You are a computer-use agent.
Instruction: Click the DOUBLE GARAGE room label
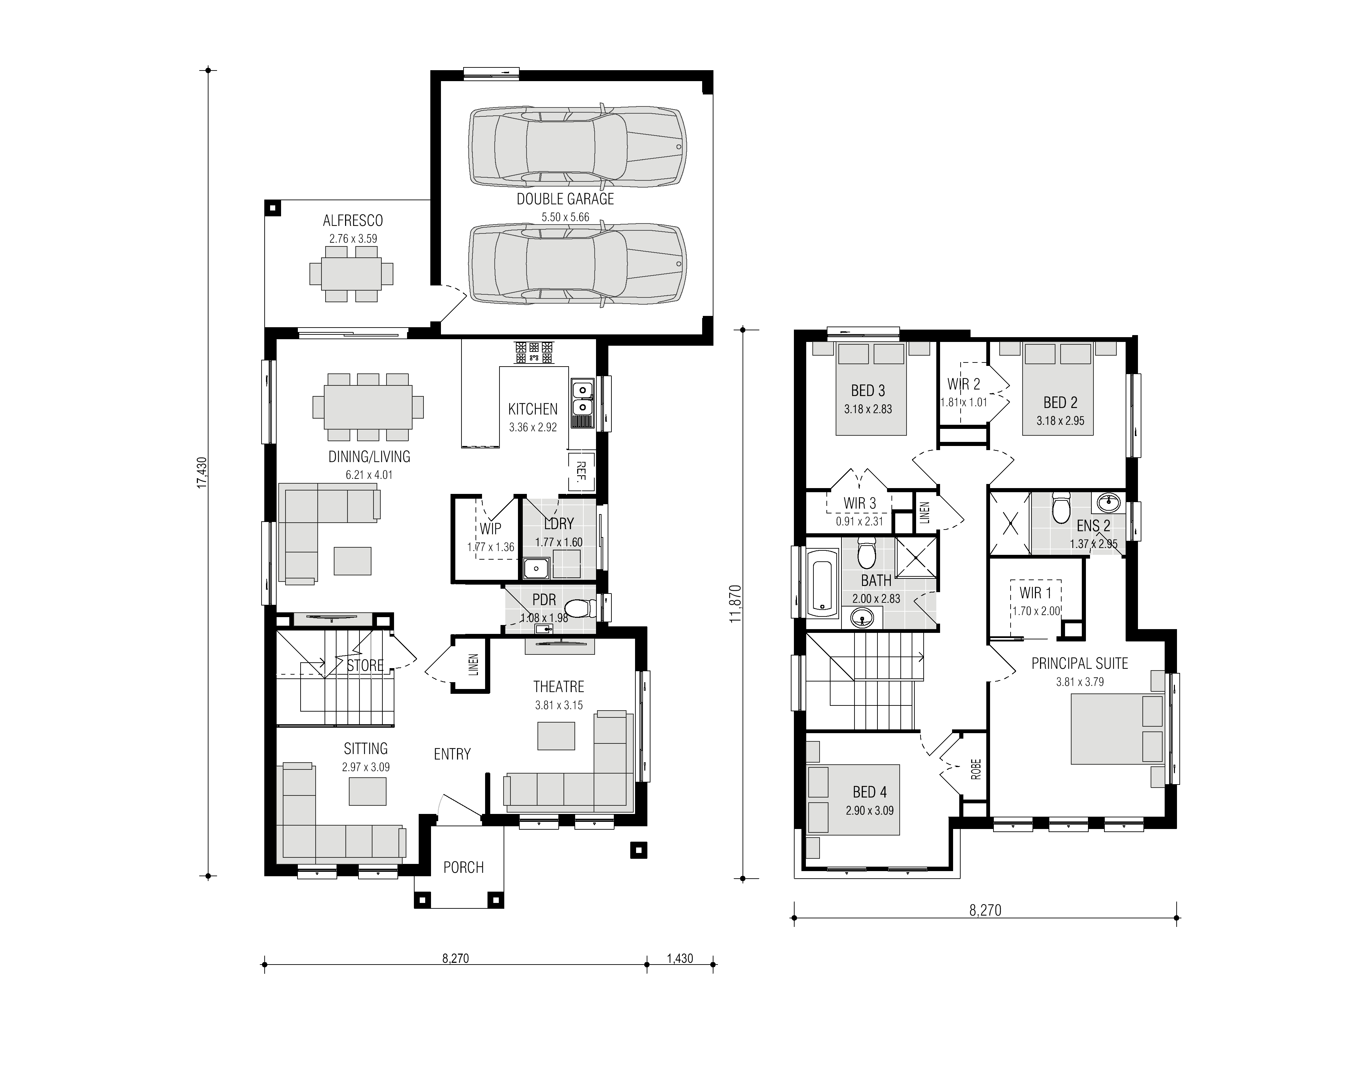coord(565,199)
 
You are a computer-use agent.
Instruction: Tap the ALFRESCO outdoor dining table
coord(351,274)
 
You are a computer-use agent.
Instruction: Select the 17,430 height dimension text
coord(202,473)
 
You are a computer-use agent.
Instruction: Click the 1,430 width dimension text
coord(680,958)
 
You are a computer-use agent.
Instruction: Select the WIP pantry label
coord(490,528)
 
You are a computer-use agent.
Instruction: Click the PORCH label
coord(464,868)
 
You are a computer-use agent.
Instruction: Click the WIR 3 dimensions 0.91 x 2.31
coord(860,521)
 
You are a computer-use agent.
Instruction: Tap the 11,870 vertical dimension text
coord(736,604)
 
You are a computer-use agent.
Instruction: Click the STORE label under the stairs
coord(365,665)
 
